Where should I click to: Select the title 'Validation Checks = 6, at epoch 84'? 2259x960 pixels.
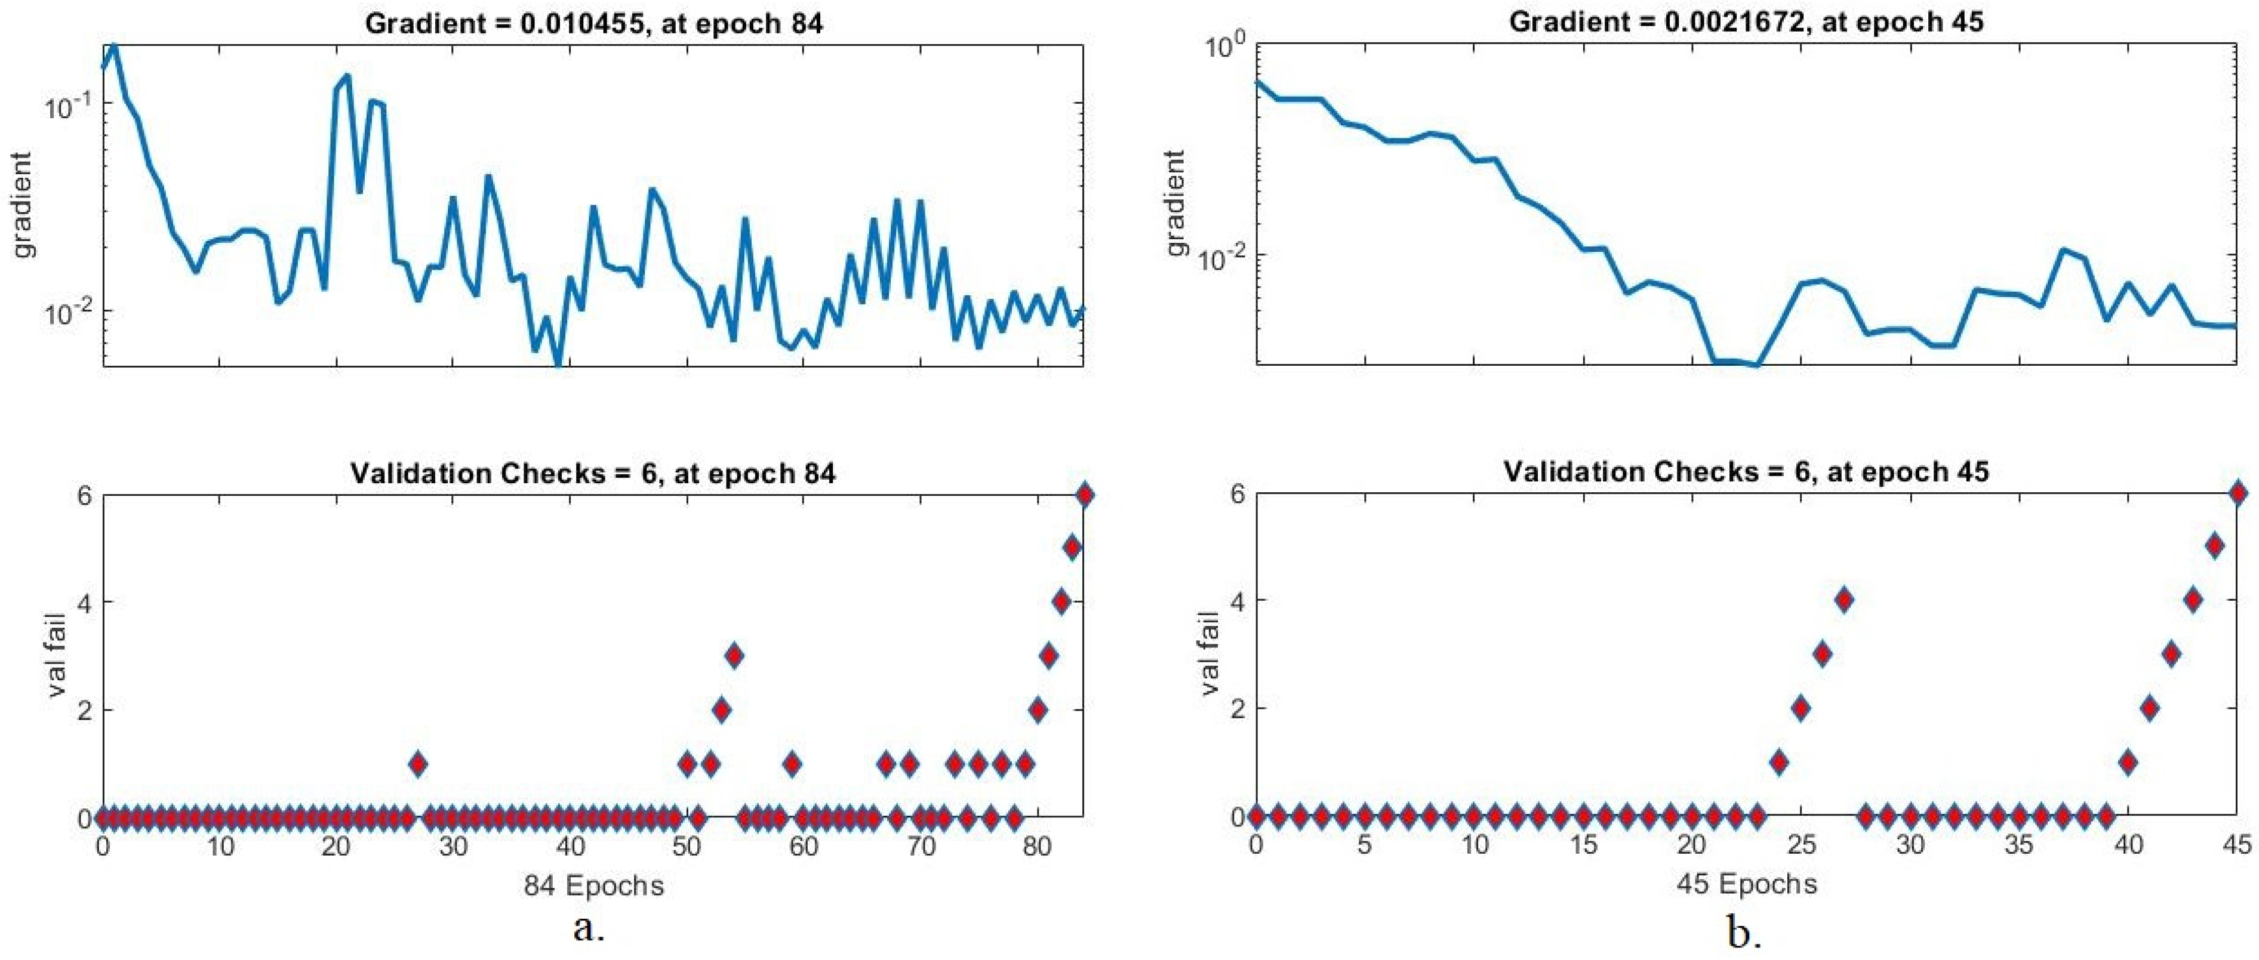(593, 473)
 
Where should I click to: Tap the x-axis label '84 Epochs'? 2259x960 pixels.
(593, 885)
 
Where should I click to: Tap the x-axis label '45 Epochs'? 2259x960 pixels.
(1746, 883)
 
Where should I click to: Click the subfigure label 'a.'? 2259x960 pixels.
(589, 928)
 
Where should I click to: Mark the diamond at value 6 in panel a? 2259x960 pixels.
(1084, 495)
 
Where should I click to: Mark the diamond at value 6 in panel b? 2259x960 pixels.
(2237, 493)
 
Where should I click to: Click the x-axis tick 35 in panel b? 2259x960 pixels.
(2019, 846)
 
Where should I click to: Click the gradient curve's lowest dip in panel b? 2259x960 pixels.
(1756, 364)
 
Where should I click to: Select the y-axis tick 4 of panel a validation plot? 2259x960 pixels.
(85, 602)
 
